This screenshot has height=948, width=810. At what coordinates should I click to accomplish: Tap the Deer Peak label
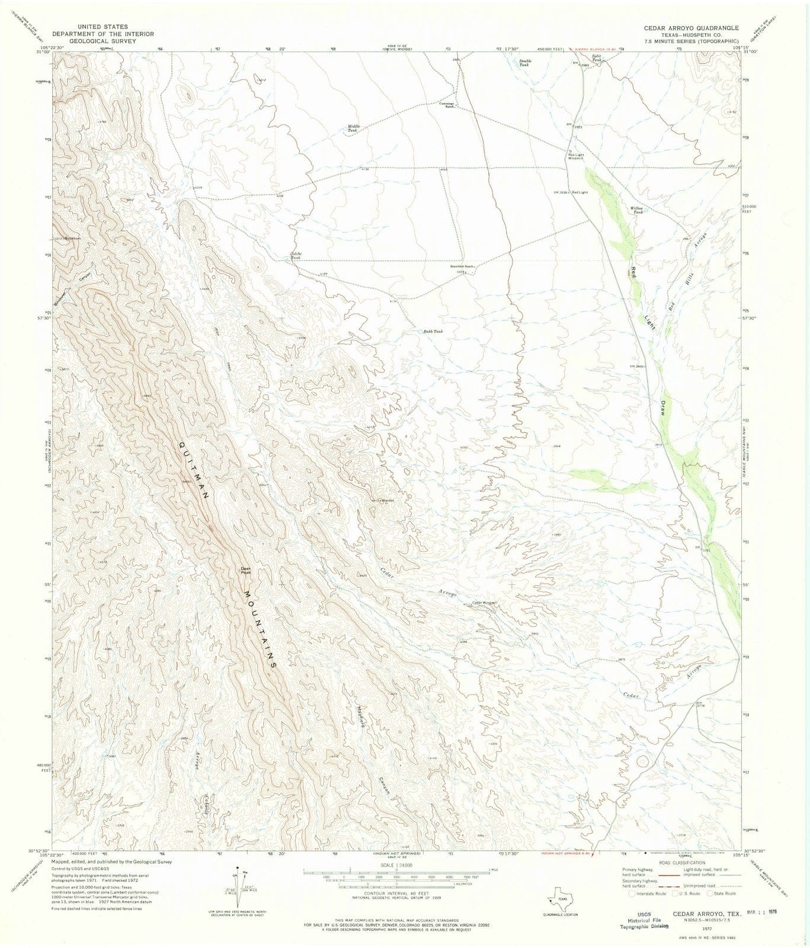coord(246,571)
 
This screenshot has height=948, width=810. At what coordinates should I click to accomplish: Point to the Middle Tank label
coord(354,127)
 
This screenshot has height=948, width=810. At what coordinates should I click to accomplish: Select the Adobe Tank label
coord(295,255)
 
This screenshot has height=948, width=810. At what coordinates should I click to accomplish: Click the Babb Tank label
coord(433,331)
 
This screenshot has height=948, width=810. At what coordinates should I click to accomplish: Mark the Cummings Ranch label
coord(446,105)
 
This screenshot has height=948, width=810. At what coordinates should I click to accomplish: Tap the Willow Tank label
coord(637,210)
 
